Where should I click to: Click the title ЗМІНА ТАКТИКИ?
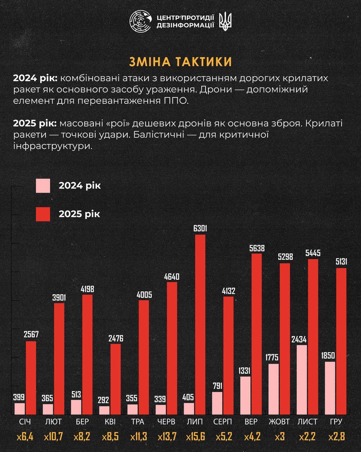click(180, 61)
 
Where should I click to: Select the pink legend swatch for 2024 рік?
click(43, 186)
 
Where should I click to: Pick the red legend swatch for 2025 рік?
click(43, 214)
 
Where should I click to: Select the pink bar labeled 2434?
click(302, 379)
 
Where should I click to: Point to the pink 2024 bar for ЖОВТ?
click(274, 388)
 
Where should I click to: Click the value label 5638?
click(257, 248)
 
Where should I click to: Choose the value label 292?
click(104, 400)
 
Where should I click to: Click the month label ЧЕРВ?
click(166, 422)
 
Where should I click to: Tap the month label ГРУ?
click(336, 422)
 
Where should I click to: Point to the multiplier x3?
click(279, 437)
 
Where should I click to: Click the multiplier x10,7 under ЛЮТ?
click(54, 437)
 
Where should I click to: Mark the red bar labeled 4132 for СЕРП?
click(228, 355)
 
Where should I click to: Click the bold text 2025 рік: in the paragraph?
click(35, 124)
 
